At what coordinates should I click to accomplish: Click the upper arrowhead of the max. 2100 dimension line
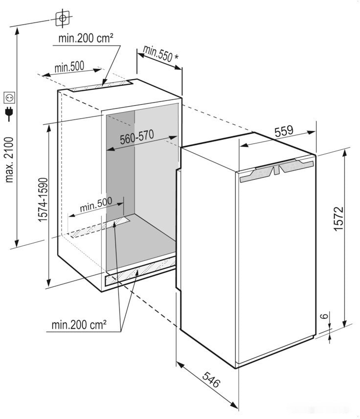coord(17,31)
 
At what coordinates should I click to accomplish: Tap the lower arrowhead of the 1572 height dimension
coord(344,323)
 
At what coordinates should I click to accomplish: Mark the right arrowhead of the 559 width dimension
coord(312,132)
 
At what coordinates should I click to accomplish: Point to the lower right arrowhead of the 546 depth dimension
coord(234,404)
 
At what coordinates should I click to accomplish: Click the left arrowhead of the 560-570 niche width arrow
coord(111,149)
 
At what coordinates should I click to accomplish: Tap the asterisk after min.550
coord(176,57)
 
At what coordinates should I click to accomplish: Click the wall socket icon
coord(9,97)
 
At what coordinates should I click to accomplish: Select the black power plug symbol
coord(10,114)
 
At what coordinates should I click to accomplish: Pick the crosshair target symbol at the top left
coord(63,18)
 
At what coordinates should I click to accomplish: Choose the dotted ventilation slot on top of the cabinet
coord(101,86)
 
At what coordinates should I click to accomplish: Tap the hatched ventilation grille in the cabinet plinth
coord(140,271)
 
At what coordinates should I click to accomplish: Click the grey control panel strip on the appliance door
coord(276,170)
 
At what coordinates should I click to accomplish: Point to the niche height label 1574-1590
coord(43,200)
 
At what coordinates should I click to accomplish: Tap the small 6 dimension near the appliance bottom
coord(324,316)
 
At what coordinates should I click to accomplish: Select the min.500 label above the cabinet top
coord(69,67)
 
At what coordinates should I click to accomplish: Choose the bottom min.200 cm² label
coord(79,325)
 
